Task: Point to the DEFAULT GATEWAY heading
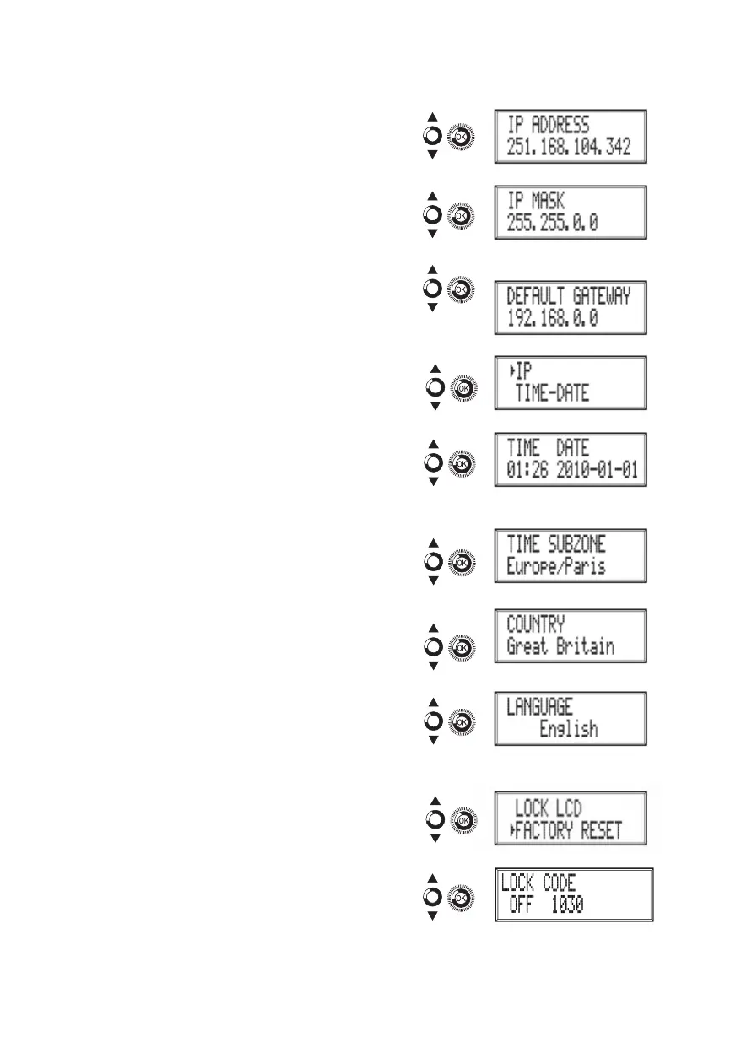pos(569,296)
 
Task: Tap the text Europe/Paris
pos(556,567)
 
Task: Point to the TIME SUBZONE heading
pos(556,544)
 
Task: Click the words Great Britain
pos(560,647)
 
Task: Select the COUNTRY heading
pos(536,624)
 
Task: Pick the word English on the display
pos(569,729)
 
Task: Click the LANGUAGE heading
pos(539,706)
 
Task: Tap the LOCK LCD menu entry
pos(549,808)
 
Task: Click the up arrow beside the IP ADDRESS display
pos(432,117)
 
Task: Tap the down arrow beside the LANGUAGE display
pos(432,741)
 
